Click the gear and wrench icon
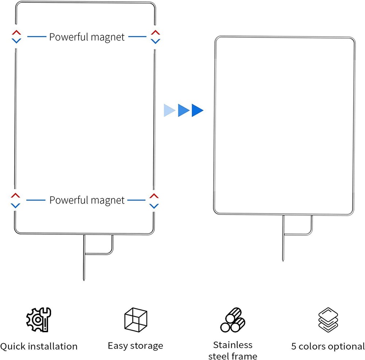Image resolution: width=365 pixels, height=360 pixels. click(39, 319)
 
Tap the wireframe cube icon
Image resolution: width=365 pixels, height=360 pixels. click(136, 320)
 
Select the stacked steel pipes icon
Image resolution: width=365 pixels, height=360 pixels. click(233, 320)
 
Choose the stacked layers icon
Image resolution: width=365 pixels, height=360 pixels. click(328, 320)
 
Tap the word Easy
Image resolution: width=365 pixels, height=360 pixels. click(118, 346)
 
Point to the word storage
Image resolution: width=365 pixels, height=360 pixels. click(147, 346)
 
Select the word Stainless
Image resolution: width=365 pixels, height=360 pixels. click(233, 345)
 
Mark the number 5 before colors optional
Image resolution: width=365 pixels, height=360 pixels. click(293, 346)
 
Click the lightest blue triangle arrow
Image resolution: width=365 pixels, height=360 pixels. click(169, 110)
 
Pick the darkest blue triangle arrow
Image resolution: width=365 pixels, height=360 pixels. click(197, 110)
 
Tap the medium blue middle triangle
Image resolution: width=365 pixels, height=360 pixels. click(184, 110)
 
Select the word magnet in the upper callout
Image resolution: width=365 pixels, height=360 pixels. click(108, 37)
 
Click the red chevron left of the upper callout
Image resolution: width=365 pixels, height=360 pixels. click(16, 32)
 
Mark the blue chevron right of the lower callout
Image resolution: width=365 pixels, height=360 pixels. click(154, 206)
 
